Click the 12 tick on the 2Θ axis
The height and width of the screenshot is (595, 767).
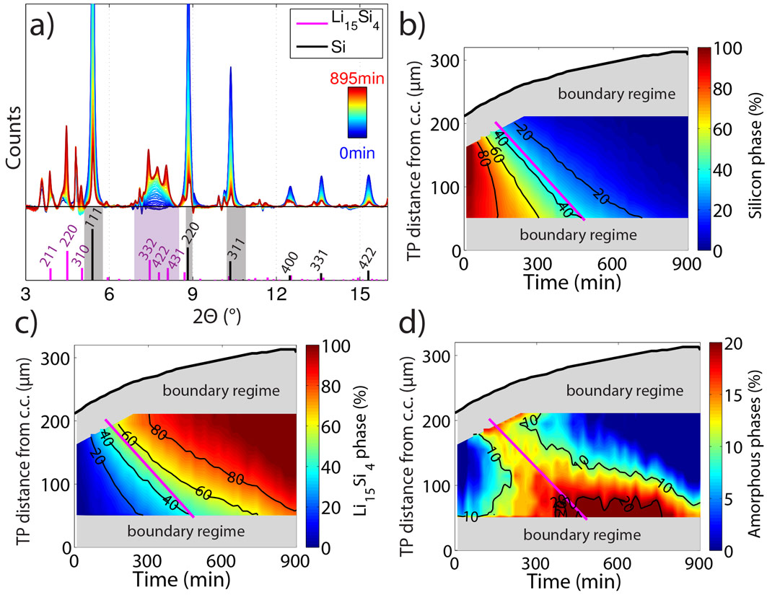click(277, 294)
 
